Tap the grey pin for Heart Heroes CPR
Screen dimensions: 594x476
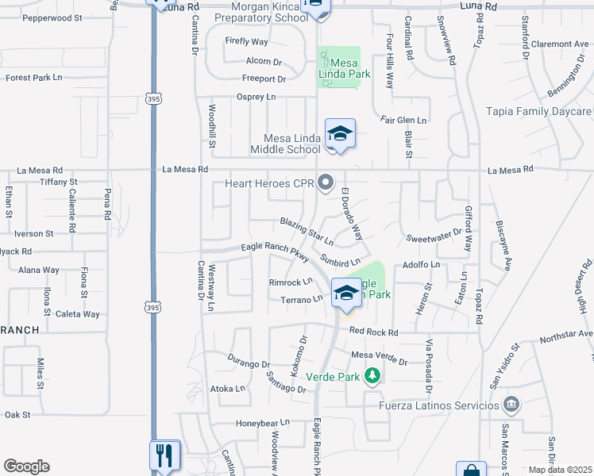pyautogui.click(x=325, y=184)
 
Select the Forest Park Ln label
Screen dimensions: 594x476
pyautogui.click(x=34, y=78)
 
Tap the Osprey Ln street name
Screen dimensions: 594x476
pyautogui.click(x=256, y=97)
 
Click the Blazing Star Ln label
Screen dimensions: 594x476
pyautogui.click(x=306, y=231)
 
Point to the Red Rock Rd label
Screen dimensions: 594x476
pyautogui.click(x=372, y=332)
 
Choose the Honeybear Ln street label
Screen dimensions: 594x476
pyautogui.click(x=259, y=424)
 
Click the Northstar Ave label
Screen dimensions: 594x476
pyautogui.click(x=565, y=336)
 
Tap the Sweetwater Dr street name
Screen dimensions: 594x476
pyautogui.click(x=434, y=237)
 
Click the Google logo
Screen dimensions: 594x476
pyautogui.click(x=26, y=466)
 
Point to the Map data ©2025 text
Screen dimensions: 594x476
pyautogui.click(x=560, y=470)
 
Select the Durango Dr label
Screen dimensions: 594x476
pyautogui.click(x=249, y=364)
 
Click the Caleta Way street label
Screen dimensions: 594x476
pyautogui.click(x=77, y=314)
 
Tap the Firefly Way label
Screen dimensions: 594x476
pyautogui.click(x=246, y=41)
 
